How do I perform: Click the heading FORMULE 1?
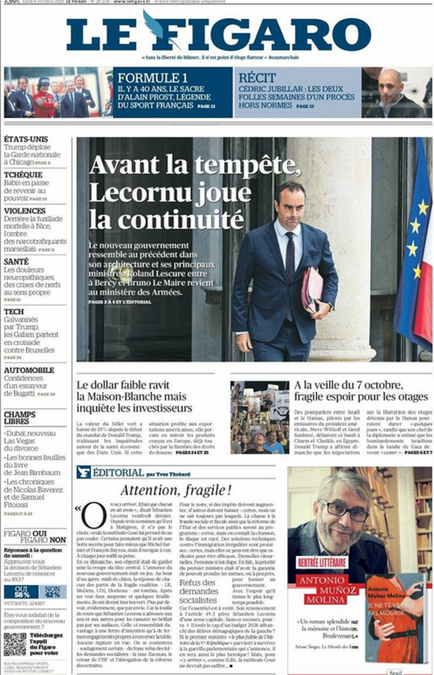(152, 78)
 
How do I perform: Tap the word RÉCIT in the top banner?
(257, 78)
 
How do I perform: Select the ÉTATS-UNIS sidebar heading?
(26, 139)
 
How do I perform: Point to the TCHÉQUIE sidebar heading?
(23, 175)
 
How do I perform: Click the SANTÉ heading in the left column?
(16, 262)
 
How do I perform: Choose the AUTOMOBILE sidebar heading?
(29, 370)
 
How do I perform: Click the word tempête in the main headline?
(247, 165)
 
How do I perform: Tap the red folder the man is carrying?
(312, 289)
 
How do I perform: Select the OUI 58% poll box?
(21, 592)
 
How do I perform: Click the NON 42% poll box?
(53, 592)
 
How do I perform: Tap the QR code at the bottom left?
(15, 644)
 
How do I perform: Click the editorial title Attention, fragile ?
(176, 491)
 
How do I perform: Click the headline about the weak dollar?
(134, 396)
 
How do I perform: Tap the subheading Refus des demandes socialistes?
(198, 591)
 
